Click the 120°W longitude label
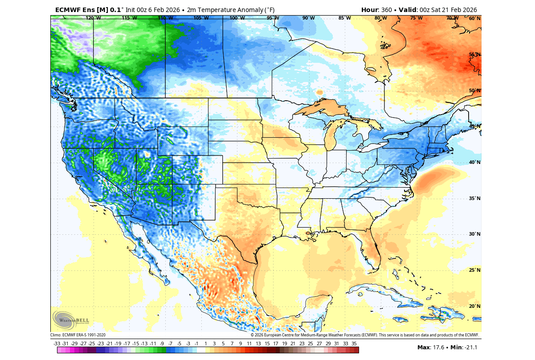coord(93,18)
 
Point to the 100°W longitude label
coord(237,18)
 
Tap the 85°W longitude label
coord(344,18)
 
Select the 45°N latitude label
coord(474,127)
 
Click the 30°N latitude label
coord(474,234)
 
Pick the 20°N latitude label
coord(474,307)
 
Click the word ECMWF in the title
coord(69,9)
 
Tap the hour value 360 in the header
coord(387,9)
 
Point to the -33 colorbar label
coord(57,344)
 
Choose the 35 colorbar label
coord(354,344)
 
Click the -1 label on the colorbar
coord(196,344)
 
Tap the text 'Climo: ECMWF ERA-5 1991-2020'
coord(78,335)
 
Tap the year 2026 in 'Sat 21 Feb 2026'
coord(468,9)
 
